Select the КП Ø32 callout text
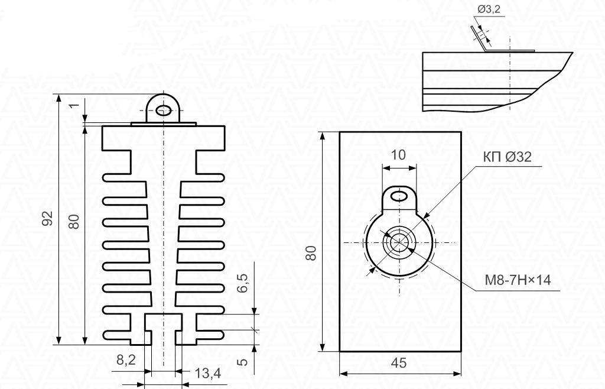pos(508,157)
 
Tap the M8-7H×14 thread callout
pos(518,280)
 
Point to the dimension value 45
pos(399,363)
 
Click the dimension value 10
pos(399,155)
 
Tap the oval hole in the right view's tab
pos(400,195)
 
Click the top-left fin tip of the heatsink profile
pos(106,177)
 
